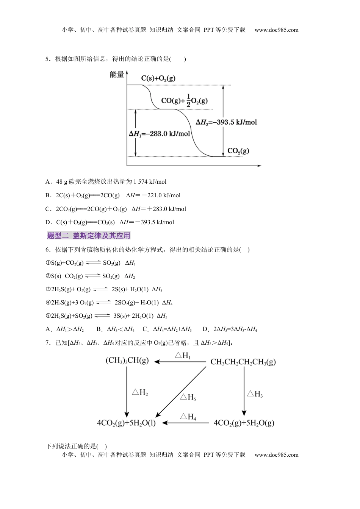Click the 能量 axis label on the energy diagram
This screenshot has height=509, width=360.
[117, 75]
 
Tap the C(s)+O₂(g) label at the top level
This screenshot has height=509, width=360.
[158, 78]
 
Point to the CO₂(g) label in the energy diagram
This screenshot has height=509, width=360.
[238, 151]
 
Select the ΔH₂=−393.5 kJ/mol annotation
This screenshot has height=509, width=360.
[226, 122]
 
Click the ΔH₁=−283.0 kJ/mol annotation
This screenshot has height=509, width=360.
[160, 134]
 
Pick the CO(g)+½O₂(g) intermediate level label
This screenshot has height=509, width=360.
[185, 100]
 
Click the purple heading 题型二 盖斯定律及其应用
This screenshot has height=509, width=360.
[89, 236]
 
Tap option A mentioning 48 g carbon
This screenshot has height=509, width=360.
[106, 182]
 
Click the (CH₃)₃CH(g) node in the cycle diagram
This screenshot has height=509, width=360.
[127, 360]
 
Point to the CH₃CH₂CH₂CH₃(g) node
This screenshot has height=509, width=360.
[243, 362]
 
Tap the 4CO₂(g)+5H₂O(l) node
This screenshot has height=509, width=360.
[126, 423]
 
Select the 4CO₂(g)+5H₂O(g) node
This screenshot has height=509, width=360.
[244, 423]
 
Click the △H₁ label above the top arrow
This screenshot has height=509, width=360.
[183, 355]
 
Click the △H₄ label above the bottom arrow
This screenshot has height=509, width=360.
[188, 417]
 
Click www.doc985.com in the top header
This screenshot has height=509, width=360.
[276, 30]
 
